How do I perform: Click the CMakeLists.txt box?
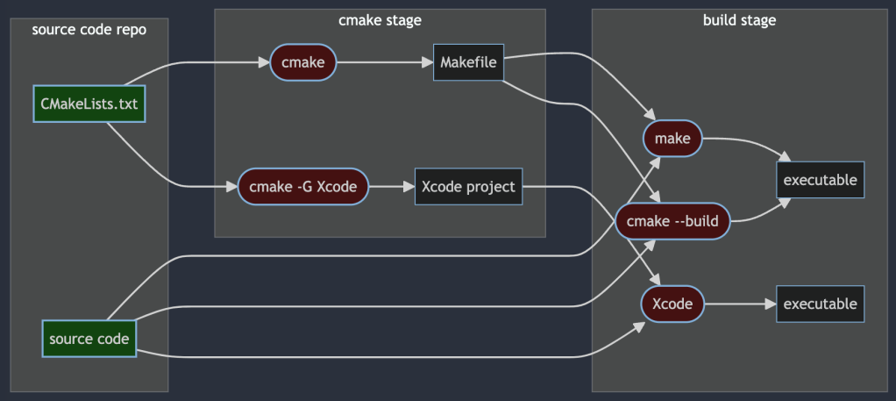click(89, 104)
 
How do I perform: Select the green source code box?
click(89, 339)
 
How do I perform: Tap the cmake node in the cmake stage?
click(303, 62)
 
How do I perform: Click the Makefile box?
click(468, 62)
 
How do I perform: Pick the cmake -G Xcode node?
click(302, 186)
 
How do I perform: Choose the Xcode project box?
click(468, 186)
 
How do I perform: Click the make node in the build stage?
click(672, 139)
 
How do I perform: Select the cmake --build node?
click(672, 221)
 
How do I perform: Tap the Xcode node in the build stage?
click(672, 304)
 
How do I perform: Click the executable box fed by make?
click(820, 180)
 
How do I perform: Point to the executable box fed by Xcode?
click(820, 304)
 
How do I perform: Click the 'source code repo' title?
click(89, 30)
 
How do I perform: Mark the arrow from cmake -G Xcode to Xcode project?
click(390, 186)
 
